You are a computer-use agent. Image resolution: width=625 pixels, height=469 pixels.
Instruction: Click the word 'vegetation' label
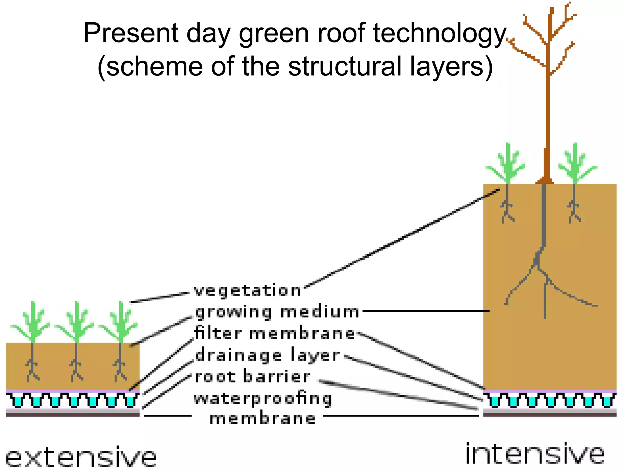pyautogui.click(x=247, y=290)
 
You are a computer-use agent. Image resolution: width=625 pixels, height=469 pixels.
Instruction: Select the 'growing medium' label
pyautogui.click(x=277, y=312)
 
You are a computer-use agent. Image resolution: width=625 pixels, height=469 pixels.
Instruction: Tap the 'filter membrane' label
pyautogui.click(x=275, y=333)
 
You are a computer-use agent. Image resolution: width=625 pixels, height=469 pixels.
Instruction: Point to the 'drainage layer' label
pyautogui.click(x=267, y=355)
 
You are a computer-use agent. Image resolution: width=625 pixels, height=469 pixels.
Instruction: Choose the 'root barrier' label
pyautogui.click(x=253, y=377)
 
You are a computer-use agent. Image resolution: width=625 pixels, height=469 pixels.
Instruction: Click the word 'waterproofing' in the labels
pyautogui.click(x=263, y=399)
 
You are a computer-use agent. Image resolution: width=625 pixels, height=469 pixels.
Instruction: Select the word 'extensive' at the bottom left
pyautogui.click(x=81, y=457)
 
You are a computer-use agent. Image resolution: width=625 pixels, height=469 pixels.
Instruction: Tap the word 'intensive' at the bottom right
pyautogui.click(x=535, y=454)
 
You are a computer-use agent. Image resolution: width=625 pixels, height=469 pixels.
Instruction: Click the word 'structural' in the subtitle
pyautogui.click(x=345, y=67)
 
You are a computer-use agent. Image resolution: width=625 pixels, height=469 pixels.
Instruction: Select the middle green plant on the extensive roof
pyautogui.click(x=77, y=322)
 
